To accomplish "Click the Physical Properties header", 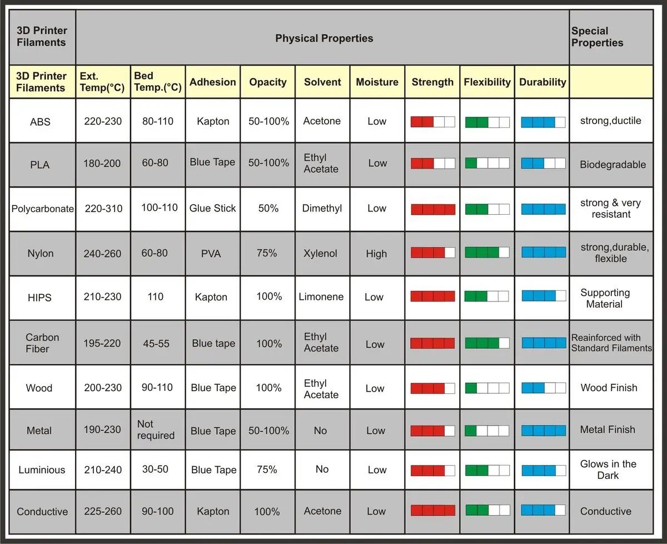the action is coord(324,38).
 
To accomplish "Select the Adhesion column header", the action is coord(213,82).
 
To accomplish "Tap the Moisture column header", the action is coord(377,82).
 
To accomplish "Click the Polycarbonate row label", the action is coord(43,209).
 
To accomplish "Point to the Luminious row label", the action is coord(42,469).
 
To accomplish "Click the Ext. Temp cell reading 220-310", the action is coord(103,209).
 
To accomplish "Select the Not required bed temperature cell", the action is coord(156,429).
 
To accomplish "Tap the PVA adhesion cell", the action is coord(211,253).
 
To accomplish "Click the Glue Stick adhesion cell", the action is coord(212,208).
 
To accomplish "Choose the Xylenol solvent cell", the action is coord(320,253).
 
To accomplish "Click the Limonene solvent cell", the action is coord(321,296).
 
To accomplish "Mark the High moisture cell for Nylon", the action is coord(376,254).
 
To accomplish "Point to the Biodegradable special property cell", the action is coord(613,165).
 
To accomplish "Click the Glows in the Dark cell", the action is coord(608,469).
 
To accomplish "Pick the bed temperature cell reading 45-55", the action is coord(156,343).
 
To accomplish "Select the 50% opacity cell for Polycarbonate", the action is coord(268,208).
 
